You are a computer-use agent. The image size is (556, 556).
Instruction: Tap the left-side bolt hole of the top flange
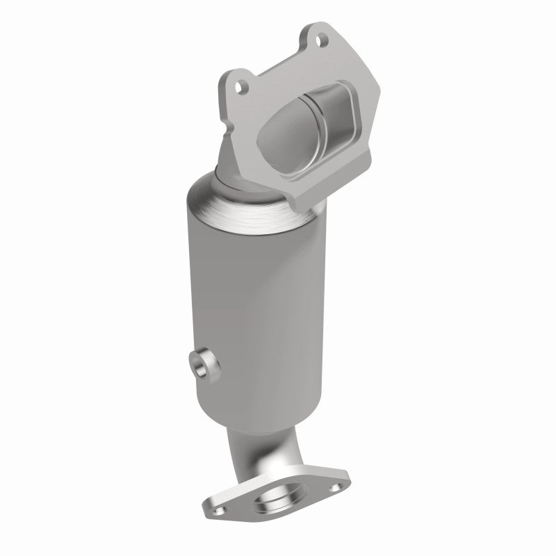(x=240, y=88)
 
